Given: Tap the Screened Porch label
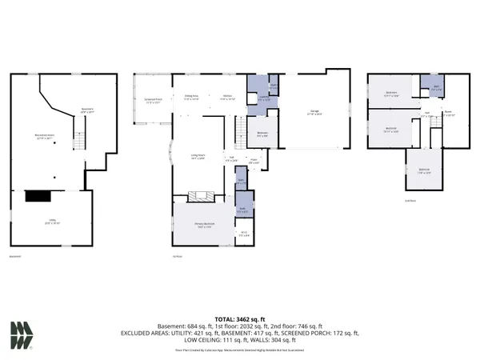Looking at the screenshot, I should tap(153, 102).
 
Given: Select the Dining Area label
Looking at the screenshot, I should tap(191, 97).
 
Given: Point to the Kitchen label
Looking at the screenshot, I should tap(228, 97).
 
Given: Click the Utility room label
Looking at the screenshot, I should tap(50, 222).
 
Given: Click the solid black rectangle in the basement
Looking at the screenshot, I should tap(38, 195).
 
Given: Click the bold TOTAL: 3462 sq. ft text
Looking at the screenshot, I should tap(239, 318).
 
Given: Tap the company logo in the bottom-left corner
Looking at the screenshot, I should tap(22, 335).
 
